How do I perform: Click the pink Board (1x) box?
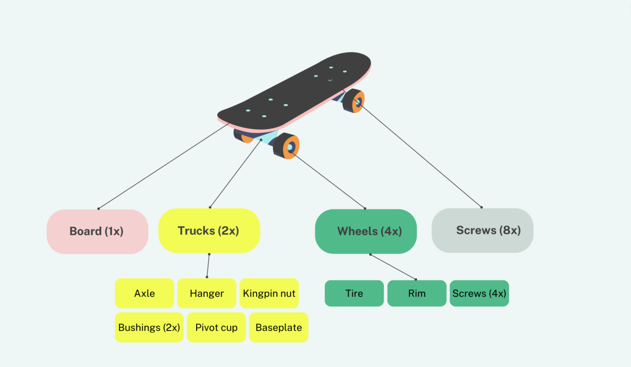(97, 232)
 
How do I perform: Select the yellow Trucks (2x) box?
(209, 231)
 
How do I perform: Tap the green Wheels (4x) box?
(365, 232)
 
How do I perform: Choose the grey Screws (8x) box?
(482, 231)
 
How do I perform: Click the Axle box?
(144, 293)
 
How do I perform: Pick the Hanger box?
(207, 293)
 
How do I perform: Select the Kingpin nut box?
(269, 293)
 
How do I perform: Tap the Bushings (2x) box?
(149, 327)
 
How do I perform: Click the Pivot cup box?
(216, 327)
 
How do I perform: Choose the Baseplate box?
(279, 327)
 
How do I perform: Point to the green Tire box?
(354, 293)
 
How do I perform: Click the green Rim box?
(416, 293)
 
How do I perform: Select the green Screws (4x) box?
(479, 293)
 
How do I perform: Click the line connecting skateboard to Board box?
(163, 167)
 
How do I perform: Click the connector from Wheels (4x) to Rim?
(393, 267)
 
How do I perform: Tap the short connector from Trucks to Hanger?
(208, 266)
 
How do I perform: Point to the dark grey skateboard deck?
(296, 90)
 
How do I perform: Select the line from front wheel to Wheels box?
(328, 180)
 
